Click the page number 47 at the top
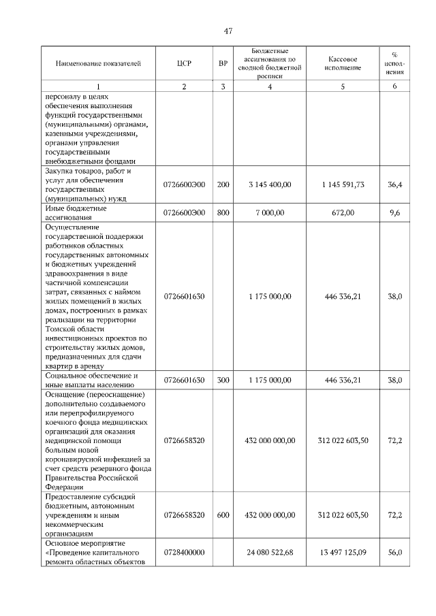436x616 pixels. (228, 30)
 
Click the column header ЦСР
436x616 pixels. (184, 63)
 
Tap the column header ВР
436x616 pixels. (223, 63)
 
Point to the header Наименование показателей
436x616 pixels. (98, 63)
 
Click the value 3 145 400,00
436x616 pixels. (270, 184)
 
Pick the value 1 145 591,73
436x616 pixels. (343, 184)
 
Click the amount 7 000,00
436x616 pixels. (270, 213)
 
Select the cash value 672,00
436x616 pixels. (343, 213)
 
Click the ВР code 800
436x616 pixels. (223, 213)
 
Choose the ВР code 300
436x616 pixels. (223, 380)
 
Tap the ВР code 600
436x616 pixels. (223, 515)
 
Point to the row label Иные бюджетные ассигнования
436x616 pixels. (76, 213)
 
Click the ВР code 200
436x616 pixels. (223, 184)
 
